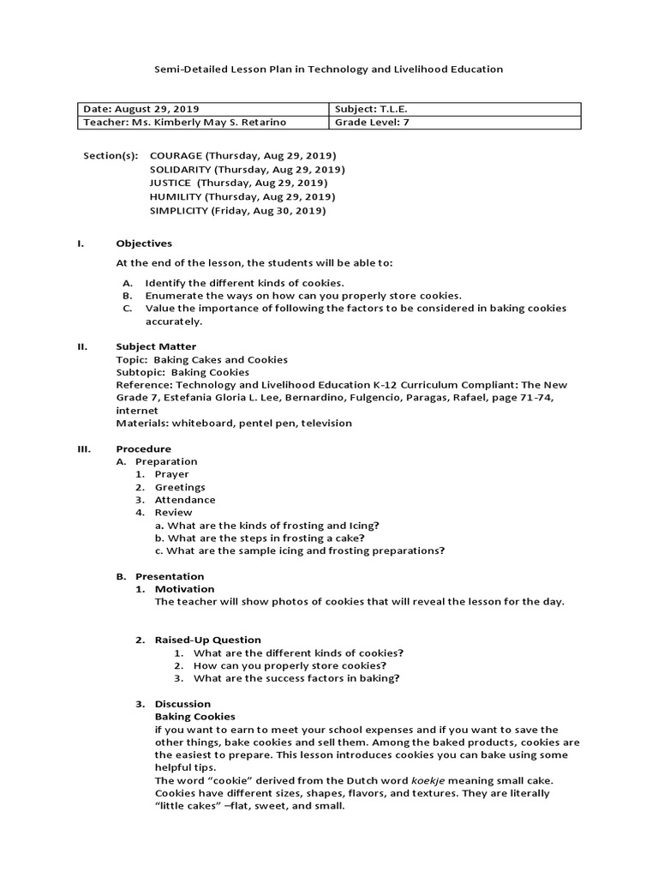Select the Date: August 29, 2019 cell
click(x=141, y=109)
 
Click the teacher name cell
click(x=184, y=122)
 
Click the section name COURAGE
click(x=176, y=155)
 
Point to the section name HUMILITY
click(x=174, y=196)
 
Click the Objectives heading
click(x=144, y=244)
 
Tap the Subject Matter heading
click(x=156, y=346)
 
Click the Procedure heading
click(x=143, y=448)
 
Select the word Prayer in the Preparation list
click(x=171, y=474)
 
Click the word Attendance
click(x=185, y=500)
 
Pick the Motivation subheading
click(x=184, y=589)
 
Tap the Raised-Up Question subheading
click(x=207, y=640)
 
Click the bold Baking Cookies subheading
click(x=194, y=716)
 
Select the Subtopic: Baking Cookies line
click(x=182, y=372)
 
